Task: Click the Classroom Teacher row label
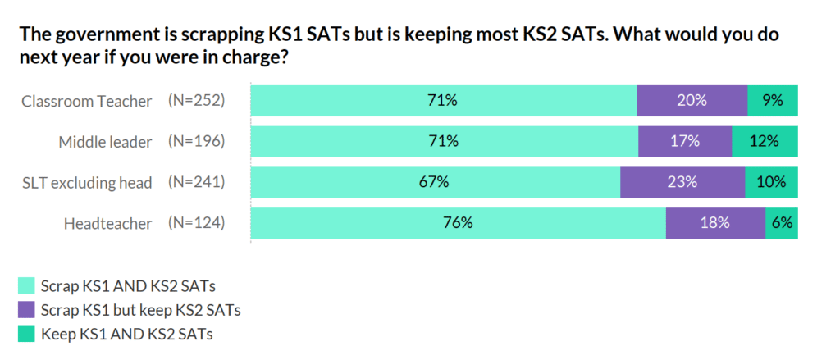click(86, 101)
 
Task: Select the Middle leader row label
click(105, 142)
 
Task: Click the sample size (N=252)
click(196, 101)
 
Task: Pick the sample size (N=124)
click(196, 223)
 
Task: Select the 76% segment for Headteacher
click(458, 223)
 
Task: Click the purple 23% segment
click(682, 182)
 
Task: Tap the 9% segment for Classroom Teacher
click(772, 101)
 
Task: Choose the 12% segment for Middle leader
click(764, 141)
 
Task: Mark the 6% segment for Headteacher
click(782, 223)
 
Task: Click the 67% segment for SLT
click(435, 182)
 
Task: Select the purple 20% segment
click(692, 101)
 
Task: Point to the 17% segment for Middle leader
click(685, 141)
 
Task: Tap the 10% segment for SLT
click(771, 182)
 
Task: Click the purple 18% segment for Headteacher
click(715, 223)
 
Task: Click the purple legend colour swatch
click(27, 310)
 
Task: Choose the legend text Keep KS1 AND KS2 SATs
click(126, 334)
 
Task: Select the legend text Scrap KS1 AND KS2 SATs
click(128, 285)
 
